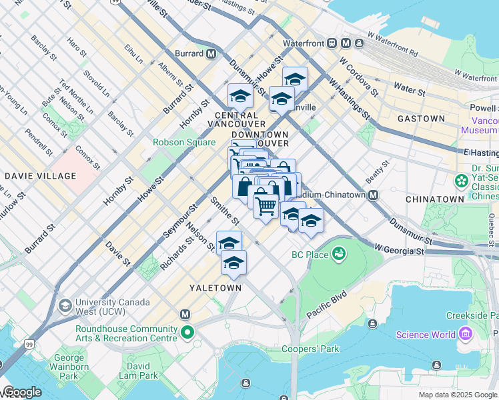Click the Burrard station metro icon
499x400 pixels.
[x=211, y=53]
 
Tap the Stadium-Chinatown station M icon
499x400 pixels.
[x=373, y=195]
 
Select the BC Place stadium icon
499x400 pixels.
[x=338, y=254]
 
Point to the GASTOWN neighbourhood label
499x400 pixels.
[x=421, y=119]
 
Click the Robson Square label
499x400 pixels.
[x=184, y=142]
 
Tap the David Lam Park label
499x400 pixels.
[x=139, y=371]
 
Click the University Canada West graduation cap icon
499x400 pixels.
[x=65, y=306]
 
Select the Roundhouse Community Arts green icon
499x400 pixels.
[x=189, y=331]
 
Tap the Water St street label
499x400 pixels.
[x=410, y=90]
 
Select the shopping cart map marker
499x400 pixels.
[x=266, y=207]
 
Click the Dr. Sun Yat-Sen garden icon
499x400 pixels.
[x=461, y=181]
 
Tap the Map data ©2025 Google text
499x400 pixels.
[x=458, y=395]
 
